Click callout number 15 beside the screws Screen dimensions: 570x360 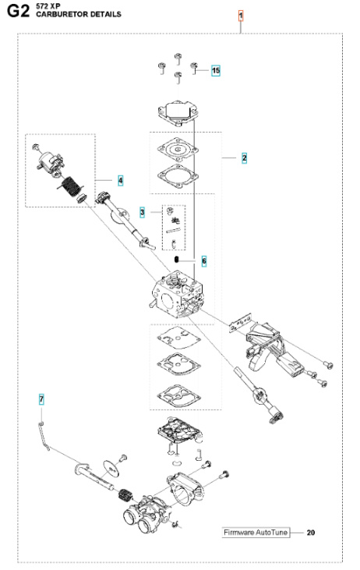click(216, 71)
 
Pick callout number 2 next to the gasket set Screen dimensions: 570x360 click(244, 158)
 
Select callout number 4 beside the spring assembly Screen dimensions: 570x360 click(121, 180)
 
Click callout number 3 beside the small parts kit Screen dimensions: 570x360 click(143, 212)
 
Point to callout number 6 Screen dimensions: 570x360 click(204, 260)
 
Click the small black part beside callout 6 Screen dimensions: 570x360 click(178, 260)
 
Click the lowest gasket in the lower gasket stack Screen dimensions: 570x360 click(176, 394)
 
